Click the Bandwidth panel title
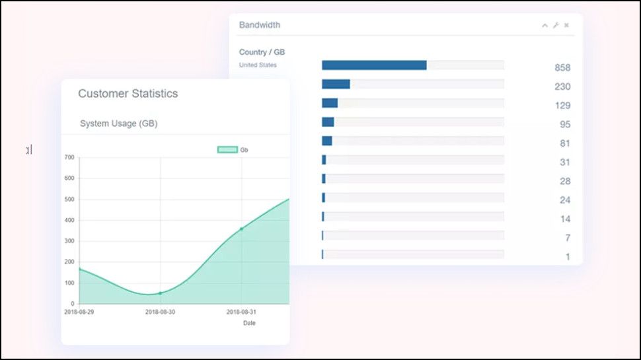coord(259,25)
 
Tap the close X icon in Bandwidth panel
coord(566,26)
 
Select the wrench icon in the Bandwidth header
coord(556,26)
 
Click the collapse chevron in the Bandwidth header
coord(545,26)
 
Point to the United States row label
coord(258,65)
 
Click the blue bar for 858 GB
coord(374,65)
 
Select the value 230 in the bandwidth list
coord(562,87)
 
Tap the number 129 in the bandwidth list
coord(562,106)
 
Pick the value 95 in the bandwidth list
coord(564,125)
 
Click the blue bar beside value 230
coord(336,85)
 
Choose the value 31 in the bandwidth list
coord(564,162)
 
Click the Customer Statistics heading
coord(128,94)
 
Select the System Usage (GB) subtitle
coord(118,124)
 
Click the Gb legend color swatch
coord(227,150)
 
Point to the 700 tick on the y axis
coord(69,157)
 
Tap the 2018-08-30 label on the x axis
coord(160,312)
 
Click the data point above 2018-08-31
coord(241,229)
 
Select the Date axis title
coord(249,323)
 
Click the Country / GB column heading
coord(262,52)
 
